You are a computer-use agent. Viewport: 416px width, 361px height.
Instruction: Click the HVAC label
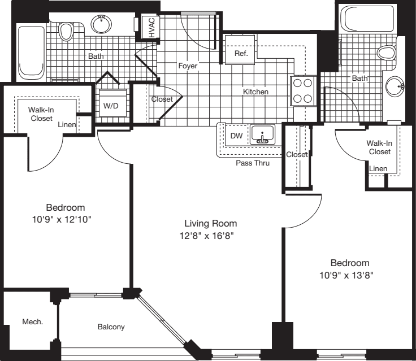(x=151, y=26)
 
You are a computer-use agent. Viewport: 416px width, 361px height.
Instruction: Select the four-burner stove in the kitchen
(x=302, y=90)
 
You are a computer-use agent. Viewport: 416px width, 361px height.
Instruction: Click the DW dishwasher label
(x=236, y=136)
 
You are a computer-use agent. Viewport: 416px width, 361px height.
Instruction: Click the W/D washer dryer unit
(x=111, y=105)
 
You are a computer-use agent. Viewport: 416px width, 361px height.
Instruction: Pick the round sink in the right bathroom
(x=395, y=86)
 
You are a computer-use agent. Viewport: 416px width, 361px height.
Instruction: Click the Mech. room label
(x=33, y=321)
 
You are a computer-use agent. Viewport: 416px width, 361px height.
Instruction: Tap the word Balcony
(x=111, y=327)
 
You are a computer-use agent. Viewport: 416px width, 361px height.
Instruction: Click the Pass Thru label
(x=253, y=163)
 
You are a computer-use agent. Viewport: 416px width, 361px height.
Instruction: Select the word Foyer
(x=188, y=66)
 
